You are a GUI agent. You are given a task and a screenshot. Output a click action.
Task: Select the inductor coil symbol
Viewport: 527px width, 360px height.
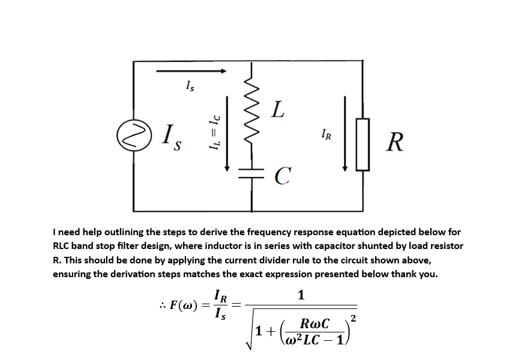click(x=251, y=118)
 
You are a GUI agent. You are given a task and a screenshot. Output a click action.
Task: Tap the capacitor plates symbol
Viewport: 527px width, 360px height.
click(x=251, y=173)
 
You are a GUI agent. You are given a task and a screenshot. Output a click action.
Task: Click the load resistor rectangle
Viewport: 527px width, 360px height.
click(x=362, y=144)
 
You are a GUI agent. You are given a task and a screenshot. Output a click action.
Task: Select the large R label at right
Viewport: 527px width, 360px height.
click(x=396, y=143)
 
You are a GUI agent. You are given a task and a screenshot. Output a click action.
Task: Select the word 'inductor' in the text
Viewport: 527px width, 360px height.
click(x=261, y=246)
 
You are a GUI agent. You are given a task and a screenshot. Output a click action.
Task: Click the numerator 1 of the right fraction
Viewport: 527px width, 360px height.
click(x=301, y=295)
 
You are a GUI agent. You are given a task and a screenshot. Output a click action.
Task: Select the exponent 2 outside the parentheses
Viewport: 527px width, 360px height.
click(x=354, y=317)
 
